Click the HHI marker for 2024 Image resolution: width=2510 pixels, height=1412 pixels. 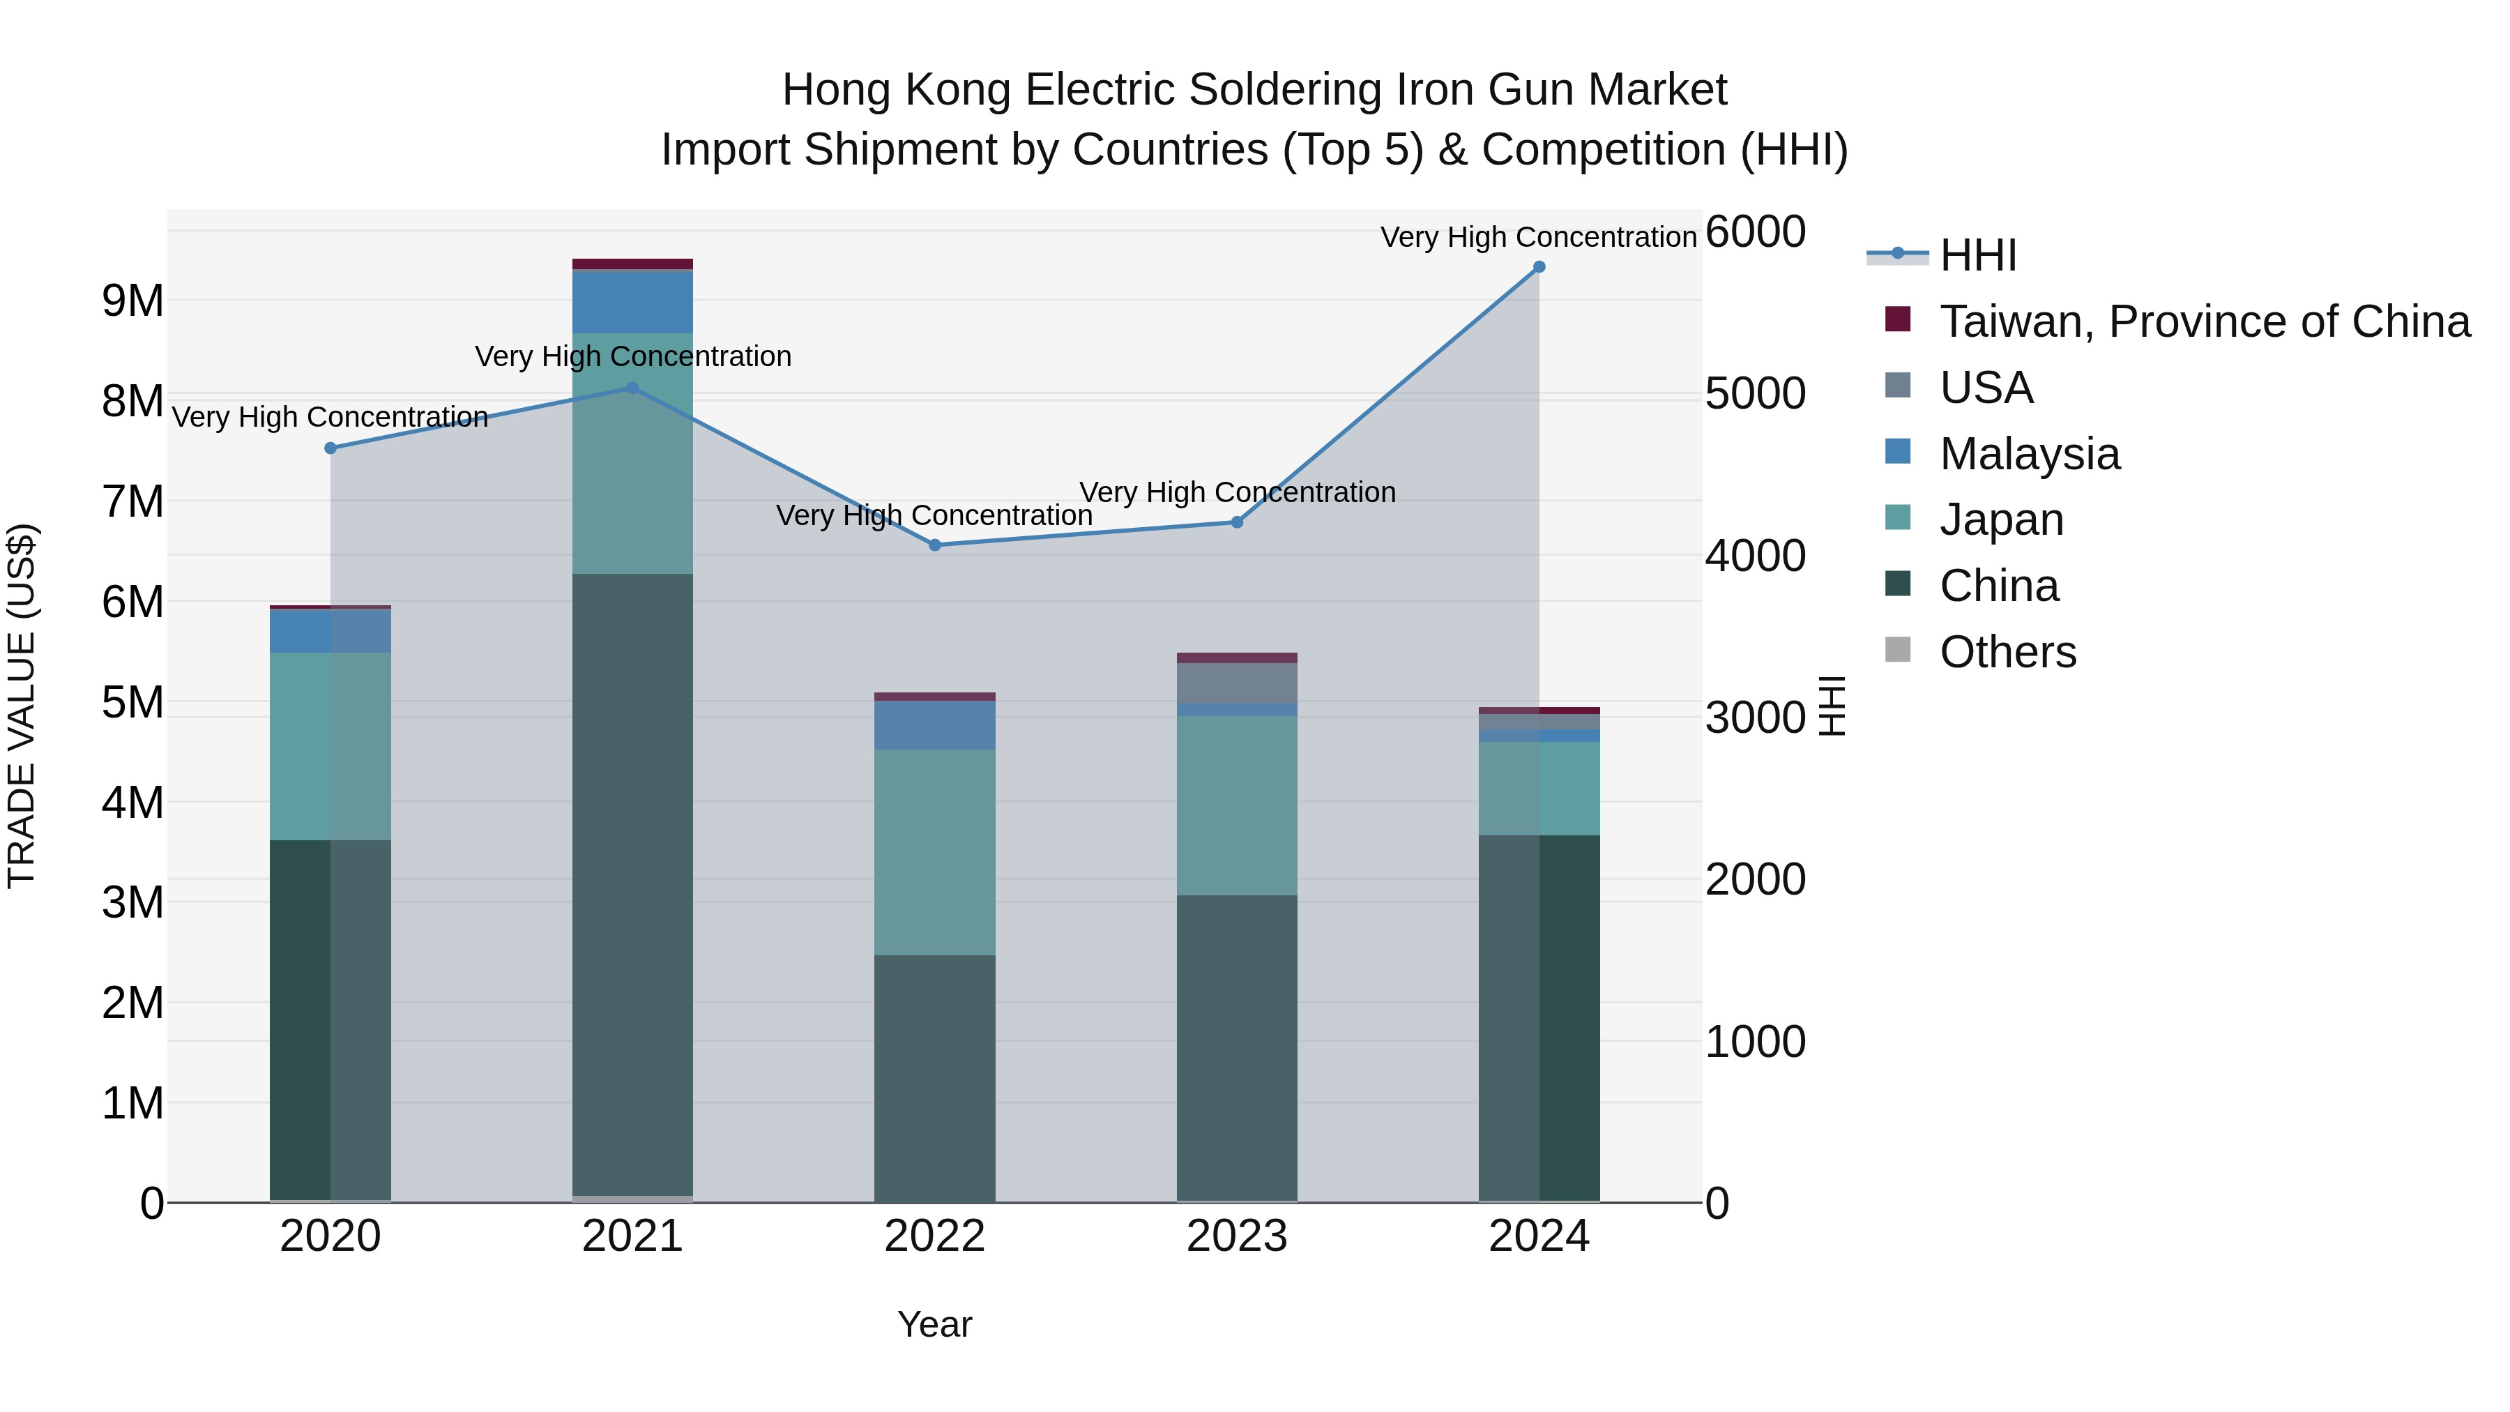(1539, 267)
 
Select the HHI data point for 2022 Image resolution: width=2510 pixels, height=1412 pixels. (934, 545)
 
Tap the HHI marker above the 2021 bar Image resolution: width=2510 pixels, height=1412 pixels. (632, 388)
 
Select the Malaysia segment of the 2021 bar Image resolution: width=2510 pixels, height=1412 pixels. (632, 303)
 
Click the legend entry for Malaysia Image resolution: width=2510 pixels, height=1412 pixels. (2029, 454)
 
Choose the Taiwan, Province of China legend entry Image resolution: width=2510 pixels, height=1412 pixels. (2204, 321)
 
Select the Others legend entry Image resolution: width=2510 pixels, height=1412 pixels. (2007, 652)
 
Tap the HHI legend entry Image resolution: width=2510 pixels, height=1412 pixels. (1977, 255)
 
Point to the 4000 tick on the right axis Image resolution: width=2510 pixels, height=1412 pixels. (1755, 556)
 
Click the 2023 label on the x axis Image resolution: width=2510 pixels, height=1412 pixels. (1236, 1236)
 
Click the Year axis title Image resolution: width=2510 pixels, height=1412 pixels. (934, 1324)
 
